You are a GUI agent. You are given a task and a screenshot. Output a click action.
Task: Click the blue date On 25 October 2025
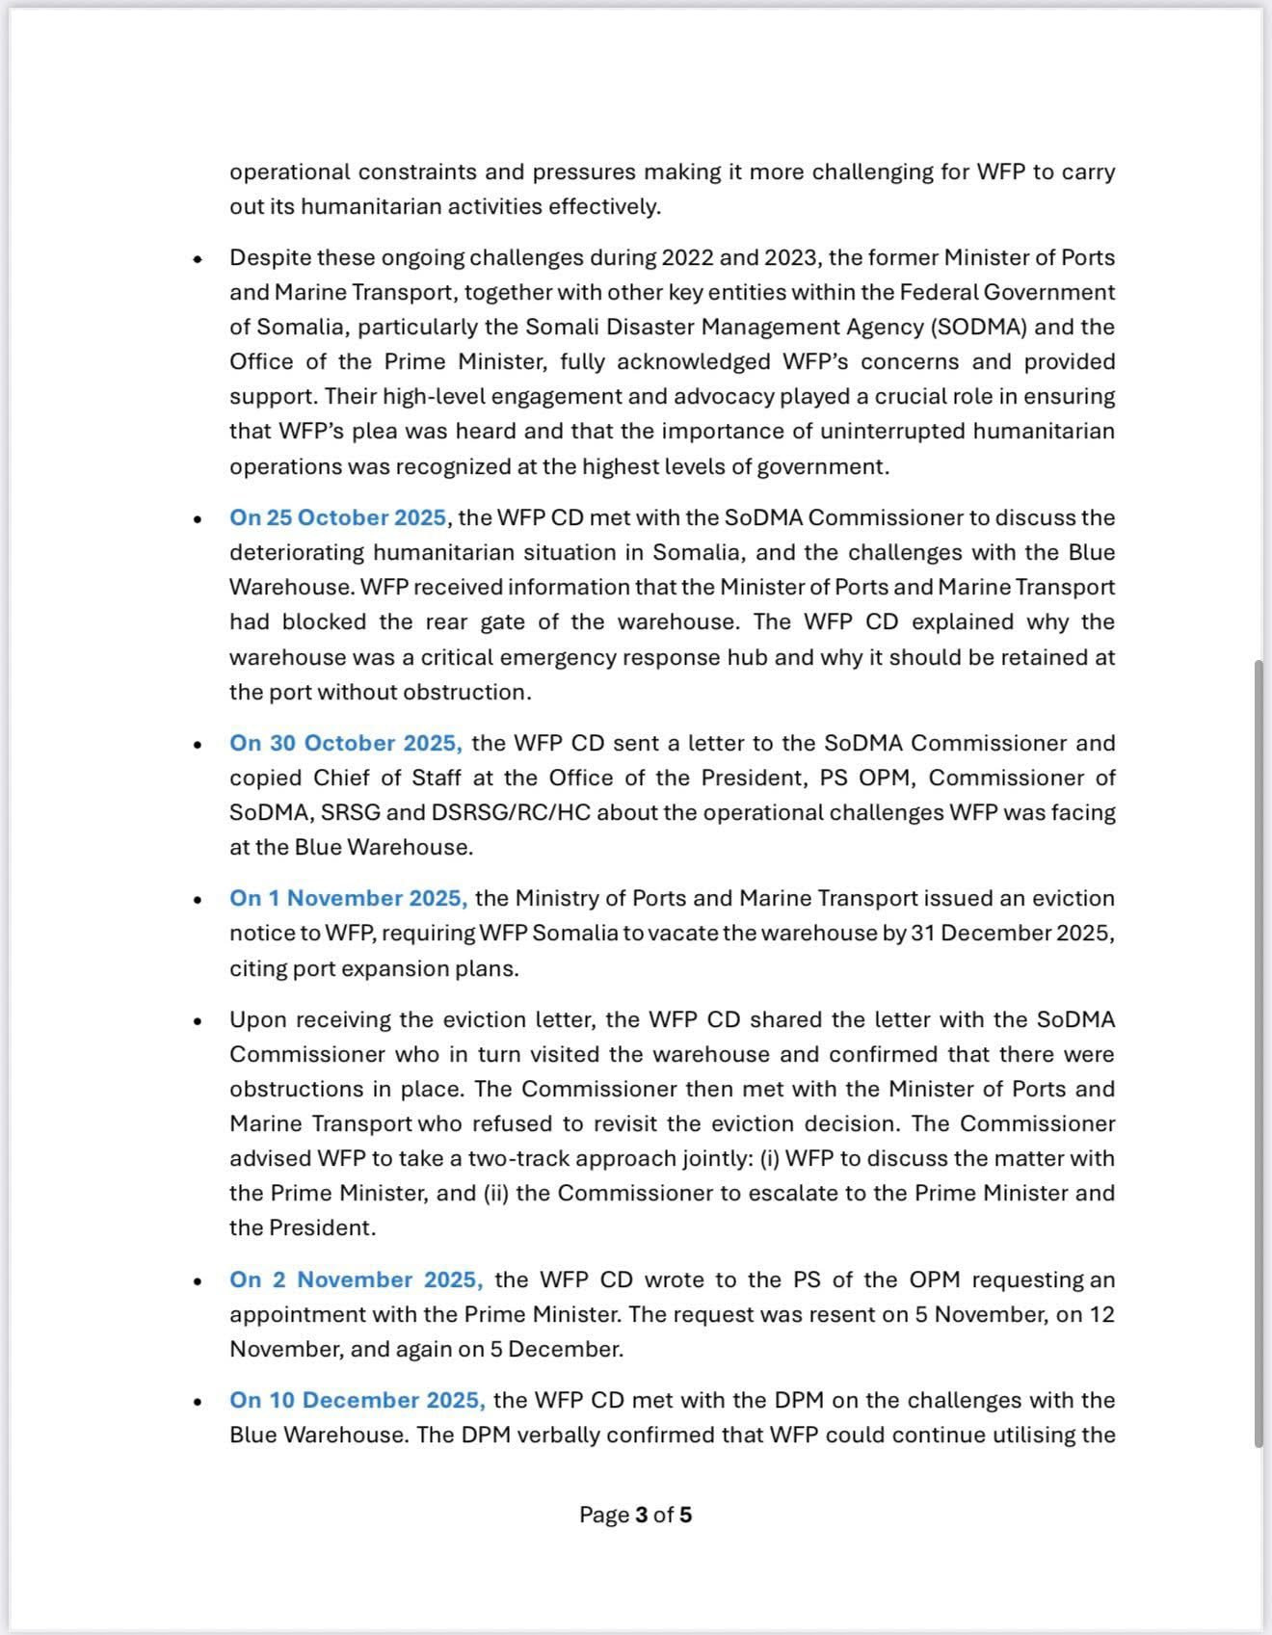click(337, 517)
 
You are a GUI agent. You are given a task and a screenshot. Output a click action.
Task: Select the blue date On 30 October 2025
click(345, 743)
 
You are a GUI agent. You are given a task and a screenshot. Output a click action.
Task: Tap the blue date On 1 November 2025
click(348, 898)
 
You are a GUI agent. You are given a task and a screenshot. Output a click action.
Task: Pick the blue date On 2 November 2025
click(356, 1279)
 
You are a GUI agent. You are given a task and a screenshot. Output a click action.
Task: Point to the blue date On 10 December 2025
click(357, 1400)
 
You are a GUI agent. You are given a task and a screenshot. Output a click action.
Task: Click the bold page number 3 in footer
click(641, 1515)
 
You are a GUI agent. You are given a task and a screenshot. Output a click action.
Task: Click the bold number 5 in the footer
click(685, 1515)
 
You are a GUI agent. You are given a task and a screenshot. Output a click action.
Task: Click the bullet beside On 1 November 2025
click(198, 900)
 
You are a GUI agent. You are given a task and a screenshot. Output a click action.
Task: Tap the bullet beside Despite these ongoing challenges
click(198, 259)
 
